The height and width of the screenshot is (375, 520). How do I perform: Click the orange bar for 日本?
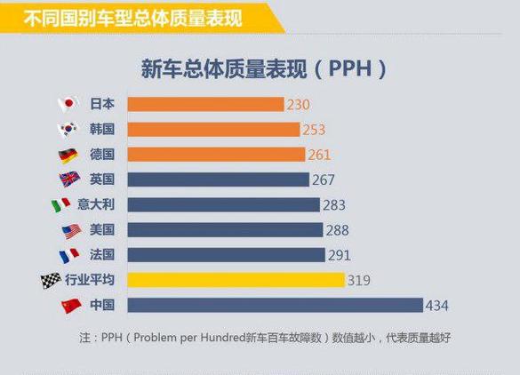(205, 104)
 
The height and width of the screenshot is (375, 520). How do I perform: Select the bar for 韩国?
(213, 130)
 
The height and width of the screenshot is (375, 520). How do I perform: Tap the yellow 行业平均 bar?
(236, 280)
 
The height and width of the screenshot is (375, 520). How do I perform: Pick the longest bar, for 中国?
(275, 306)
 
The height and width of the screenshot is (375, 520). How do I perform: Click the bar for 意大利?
(223, 205)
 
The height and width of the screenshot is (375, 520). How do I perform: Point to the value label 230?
(298, 105)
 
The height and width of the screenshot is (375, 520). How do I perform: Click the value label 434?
(436, 307)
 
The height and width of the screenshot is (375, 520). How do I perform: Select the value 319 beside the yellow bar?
(358, 281)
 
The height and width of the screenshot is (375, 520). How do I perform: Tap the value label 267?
(323, 180)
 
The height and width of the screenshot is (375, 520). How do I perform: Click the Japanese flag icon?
(68, 104)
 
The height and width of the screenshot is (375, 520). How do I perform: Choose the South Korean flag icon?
(68, 130)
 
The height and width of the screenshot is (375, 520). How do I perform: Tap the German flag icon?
(68, 155)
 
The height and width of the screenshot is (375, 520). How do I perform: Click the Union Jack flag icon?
(68, 180)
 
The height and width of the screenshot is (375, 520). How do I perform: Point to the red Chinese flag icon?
(71, 306)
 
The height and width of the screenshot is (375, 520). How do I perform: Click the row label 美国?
(102, 230)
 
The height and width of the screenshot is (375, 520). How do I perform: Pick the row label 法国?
(102, 255)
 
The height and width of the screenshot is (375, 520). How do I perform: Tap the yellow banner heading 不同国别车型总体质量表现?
(133, 15)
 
